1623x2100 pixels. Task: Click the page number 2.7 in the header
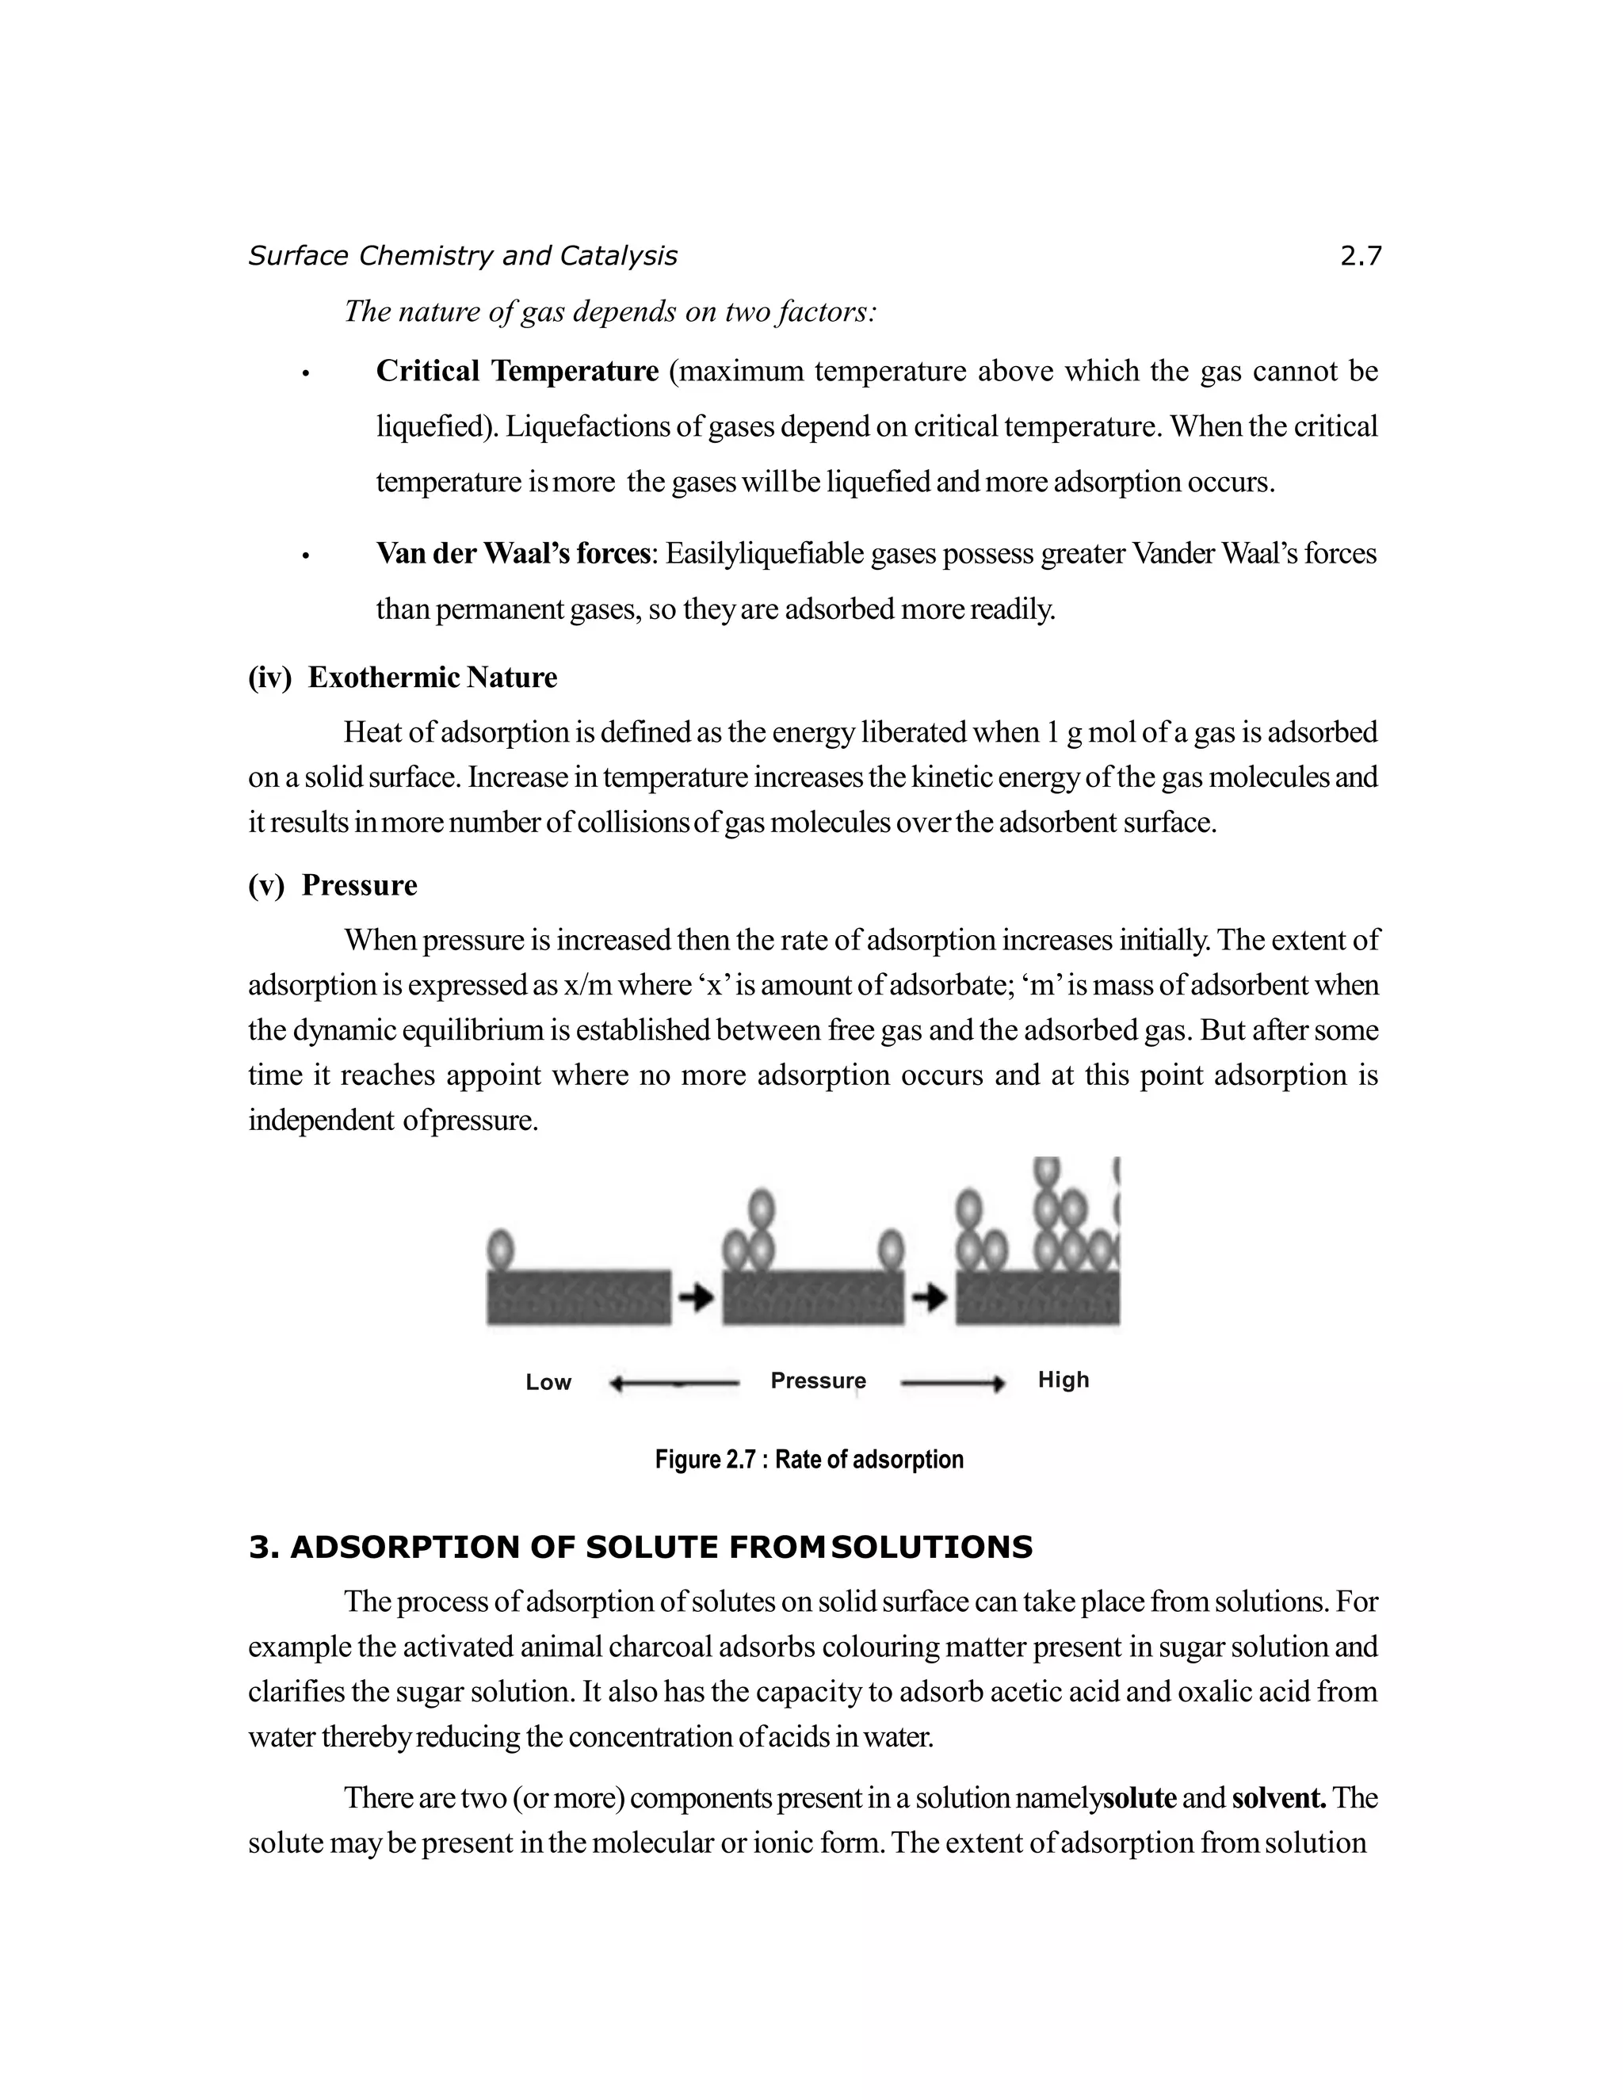click(x=1360, y=256)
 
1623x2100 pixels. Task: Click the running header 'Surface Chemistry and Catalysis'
click(x=463, y=256)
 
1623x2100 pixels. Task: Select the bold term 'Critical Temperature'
click(x=517, y=371)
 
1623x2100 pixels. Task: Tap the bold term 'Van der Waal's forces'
click(x=514, y=554)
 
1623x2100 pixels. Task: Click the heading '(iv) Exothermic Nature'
click(x=402, y=678)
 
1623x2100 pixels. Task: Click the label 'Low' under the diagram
click(x=548, y=1383)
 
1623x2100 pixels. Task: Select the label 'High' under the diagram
click(x=1063, y=1380)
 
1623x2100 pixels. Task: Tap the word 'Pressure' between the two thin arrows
click(x=817, y=1380)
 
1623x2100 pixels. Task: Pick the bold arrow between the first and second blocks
click(x=696, y=1297)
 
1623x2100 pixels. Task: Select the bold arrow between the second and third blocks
click(x=930, y=1298)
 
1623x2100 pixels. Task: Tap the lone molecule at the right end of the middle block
click(x=892, y=1250)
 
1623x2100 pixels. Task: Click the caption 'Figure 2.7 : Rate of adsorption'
click(x=808, y=1460)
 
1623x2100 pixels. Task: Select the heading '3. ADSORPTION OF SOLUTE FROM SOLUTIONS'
click(x=640, y=1547)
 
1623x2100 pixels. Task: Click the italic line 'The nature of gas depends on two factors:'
click(x=610, y=311)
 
